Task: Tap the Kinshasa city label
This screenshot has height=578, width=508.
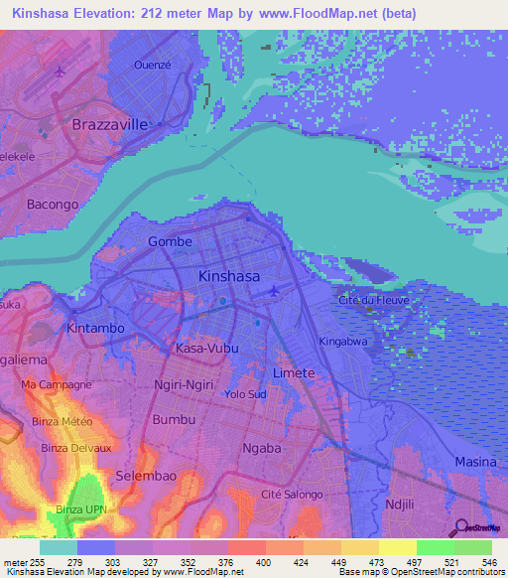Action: tap(229, 276)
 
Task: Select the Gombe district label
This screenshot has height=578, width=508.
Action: tap(170, 241)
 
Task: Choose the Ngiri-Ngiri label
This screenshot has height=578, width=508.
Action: tap(184, 383)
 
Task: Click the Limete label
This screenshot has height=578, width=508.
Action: tap(294, 373)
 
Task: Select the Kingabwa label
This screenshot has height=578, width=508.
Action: tap(343, 342)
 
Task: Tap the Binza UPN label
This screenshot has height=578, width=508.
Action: tap(83, 509)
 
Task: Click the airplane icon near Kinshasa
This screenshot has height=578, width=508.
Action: tap(275, 291)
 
